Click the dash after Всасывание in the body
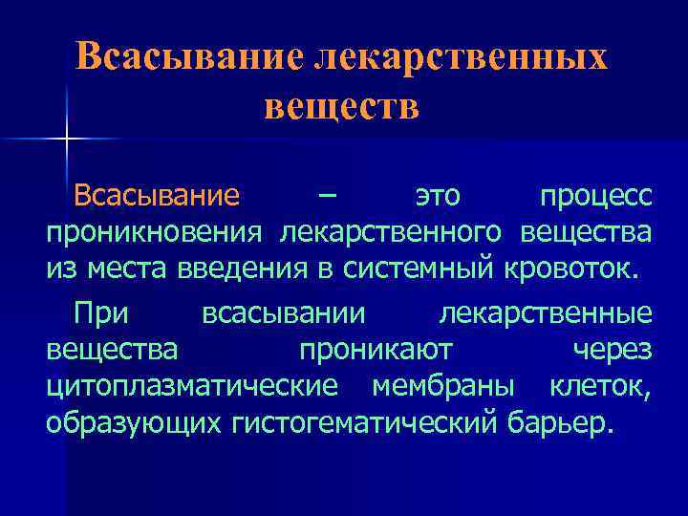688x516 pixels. coord(328,196)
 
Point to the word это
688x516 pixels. coord(438,197)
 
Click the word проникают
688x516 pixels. coord(376,350)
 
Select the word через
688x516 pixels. coord(613,350)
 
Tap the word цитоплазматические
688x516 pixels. coord(192,385)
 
